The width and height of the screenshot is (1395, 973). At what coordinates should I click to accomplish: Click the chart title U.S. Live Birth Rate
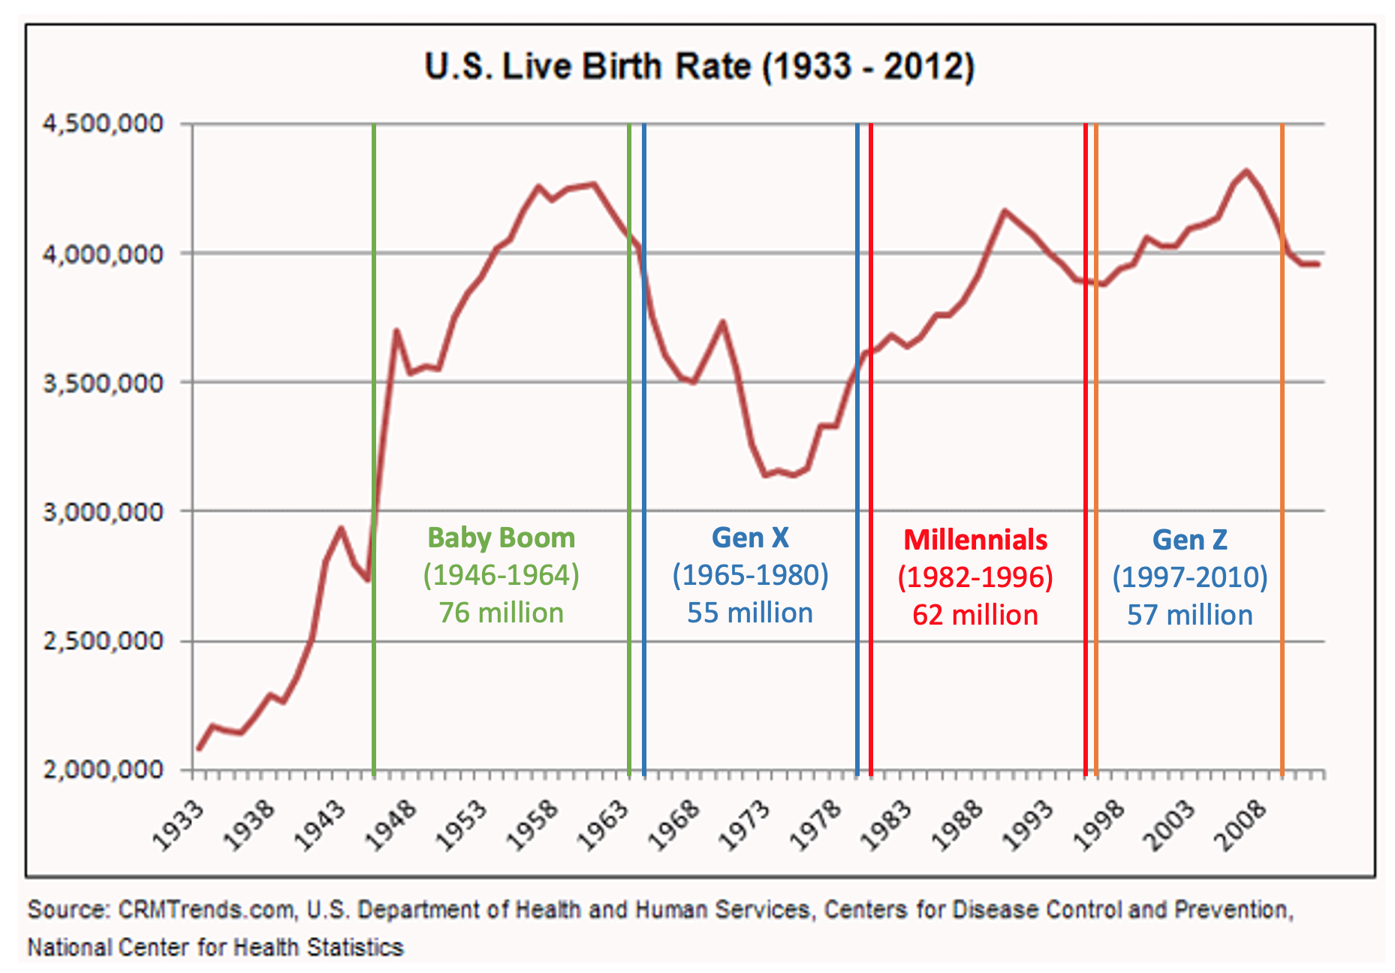pyautogui.click(x=699, y=67)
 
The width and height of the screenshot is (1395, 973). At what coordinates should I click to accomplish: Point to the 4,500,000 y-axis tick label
pyautogui.click(x=103, y=123)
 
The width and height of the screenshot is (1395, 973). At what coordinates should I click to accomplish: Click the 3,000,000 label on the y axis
pyautogui.click(x=103, y=512)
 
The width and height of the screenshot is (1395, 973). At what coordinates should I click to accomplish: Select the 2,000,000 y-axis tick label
pyautogui.click(x=103, y=770)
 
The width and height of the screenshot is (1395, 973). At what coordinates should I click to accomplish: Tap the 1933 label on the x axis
pyautogui.click(x=179, y=825)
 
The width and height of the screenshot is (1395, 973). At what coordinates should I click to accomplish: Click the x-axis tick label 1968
pyautogui.click(x=674, y=825)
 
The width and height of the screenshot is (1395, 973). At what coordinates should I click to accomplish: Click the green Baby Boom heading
pyautogui.click(x=501, y=538)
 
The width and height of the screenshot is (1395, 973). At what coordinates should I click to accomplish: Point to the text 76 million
pyautogui.click(x=501, y=613)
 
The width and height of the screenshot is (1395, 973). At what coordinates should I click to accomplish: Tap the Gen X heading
pyautogui.click(x=750, y=538)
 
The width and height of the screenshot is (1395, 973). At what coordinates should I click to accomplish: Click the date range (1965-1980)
pyautogui.click(x=750, y=575)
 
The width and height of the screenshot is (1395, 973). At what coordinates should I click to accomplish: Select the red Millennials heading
pyautogui.click(x=975, y=540)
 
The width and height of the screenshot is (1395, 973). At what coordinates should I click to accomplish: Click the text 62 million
pyautogui.click(x=975, y=615)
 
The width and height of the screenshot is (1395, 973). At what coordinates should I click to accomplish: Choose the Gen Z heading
pyautogui.click(x=1189, y=540)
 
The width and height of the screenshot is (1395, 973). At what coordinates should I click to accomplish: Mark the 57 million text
pyautogui.click(x=1189, y=615)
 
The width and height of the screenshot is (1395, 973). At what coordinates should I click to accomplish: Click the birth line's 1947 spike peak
pyautogui.click(x=396, y=330)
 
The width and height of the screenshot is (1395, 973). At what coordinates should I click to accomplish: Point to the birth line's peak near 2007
pyautogui.click(x=1246, y=171)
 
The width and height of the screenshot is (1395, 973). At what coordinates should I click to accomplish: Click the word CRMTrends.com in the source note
pyautogui.click(x=206, y=910)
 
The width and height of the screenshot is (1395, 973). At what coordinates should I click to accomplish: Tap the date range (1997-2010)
pyautogui.click(x=1189, y=577)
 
